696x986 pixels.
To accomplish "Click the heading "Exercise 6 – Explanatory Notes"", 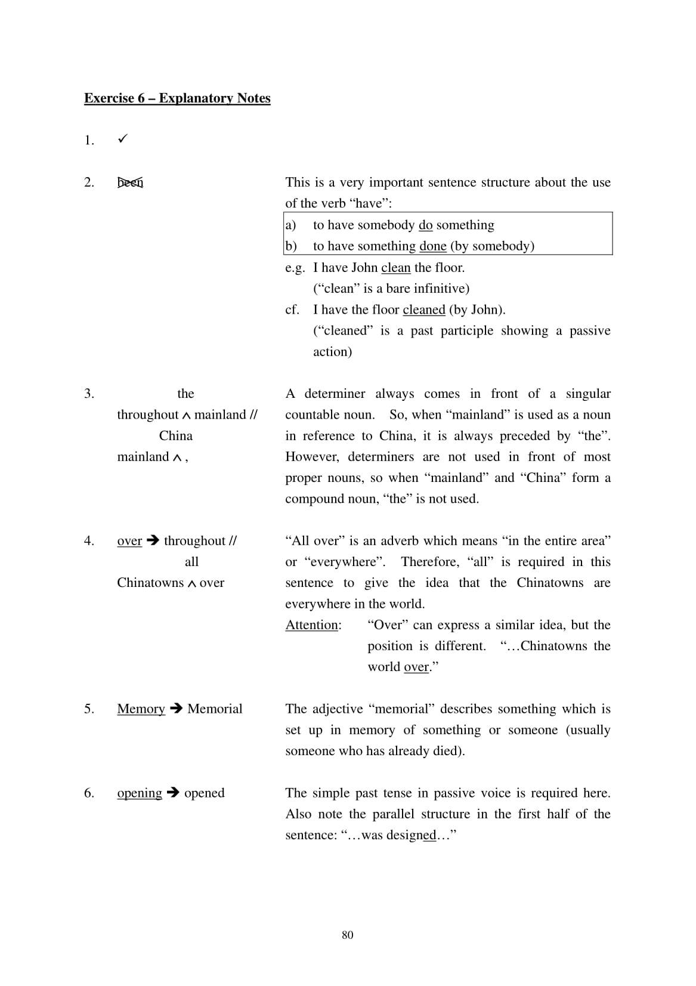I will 177,98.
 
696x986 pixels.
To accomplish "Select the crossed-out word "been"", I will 130,183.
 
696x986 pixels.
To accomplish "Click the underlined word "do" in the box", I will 425,225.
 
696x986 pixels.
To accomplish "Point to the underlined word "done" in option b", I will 432,246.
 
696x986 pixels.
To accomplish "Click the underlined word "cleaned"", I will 423,310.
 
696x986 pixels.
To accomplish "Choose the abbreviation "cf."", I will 292,310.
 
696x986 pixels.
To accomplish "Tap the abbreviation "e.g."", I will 295,268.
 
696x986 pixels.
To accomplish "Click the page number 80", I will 348,935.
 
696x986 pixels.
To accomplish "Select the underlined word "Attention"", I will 313,625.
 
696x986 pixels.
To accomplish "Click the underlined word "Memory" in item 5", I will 141,709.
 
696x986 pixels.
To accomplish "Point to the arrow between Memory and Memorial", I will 176,709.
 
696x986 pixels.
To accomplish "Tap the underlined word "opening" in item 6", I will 140,793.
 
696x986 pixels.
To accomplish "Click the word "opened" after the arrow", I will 205,793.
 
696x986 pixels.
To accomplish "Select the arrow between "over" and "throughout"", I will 153,541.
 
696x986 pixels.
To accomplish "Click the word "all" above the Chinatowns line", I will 191,562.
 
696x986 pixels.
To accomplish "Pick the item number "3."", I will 89,394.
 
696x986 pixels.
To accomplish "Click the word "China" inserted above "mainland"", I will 176,436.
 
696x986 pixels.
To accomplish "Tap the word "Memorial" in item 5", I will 215,709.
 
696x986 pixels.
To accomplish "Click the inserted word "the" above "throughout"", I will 185,394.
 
